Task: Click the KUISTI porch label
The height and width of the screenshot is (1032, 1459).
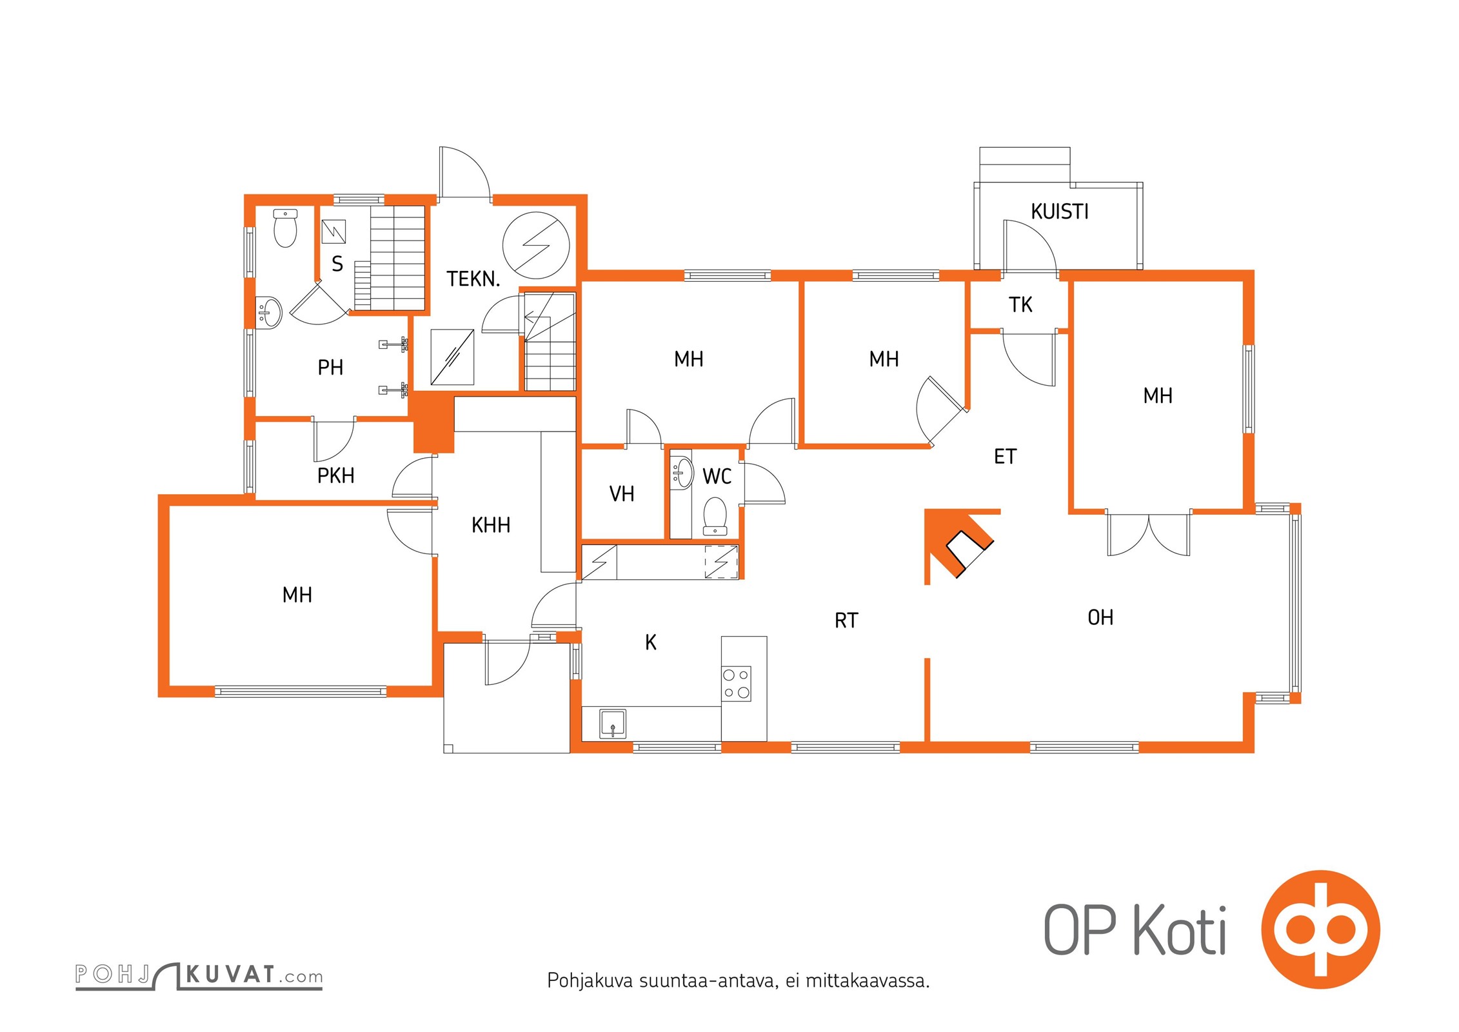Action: click(x=1059, y=212)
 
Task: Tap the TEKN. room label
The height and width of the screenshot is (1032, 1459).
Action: click(x=473, y=279)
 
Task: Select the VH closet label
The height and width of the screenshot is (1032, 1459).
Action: click(x=622, y=494)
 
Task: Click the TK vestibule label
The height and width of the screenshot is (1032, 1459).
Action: click(x=1020, y=304)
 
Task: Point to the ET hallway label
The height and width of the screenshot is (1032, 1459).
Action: click(x=1005, y=457)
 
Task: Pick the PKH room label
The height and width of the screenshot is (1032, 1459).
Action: click(x=335, y=476)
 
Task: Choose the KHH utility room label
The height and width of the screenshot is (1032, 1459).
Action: click(x=491, y=526)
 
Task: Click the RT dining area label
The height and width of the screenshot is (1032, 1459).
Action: click(x=846, y=620)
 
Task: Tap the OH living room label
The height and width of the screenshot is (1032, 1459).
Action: click(x=1100, y=618)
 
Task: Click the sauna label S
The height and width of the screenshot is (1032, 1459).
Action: click(x=337, y=264)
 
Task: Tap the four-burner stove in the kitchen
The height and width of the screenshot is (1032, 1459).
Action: click(x=736, y=684)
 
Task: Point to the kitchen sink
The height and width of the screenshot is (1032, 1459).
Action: click(x=613, y=724)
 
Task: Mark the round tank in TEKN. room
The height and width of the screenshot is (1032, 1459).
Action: click(x=536, y=245)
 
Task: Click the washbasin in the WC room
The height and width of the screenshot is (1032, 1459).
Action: click(x=681, y=473)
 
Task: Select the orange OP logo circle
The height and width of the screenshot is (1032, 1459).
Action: click(x=1320, y=929)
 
